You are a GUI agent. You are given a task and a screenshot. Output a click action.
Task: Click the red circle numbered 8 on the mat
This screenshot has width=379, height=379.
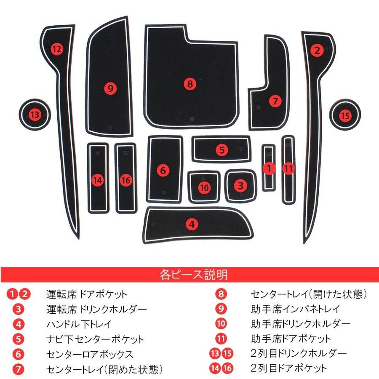(x=190, y=84)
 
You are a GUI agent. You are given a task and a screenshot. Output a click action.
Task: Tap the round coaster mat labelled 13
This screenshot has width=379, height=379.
(x=35, y=114)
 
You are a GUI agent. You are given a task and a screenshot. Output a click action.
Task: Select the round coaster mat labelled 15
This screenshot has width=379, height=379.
(x=345, y=115)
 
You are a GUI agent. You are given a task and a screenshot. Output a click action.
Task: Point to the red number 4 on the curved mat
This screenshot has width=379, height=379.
(x=192, y=224)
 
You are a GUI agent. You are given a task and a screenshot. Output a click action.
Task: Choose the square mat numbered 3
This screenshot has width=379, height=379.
(x=240, y=185)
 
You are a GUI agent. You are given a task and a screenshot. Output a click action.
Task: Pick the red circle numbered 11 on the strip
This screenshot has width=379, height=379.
(x=288, y=168)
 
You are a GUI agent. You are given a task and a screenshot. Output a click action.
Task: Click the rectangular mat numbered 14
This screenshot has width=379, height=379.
(x=98, y=180)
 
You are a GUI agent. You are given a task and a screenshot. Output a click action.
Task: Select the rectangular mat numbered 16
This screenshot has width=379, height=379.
(x=126, y=180)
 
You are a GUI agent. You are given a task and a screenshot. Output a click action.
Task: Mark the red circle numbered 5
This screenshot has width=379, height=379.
(x=222, y=149)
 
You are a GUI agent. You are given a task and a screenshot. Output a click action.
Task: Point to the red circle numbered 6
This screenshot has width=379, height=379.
(x=163, y=170)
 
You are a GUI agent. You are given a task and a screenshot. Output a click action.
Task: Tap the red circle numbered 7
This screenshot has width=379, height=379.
(x=275, y=101)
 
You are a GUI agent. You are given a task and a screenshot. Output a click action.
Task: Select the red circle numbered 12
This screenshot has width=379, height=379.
(x=57, y=49)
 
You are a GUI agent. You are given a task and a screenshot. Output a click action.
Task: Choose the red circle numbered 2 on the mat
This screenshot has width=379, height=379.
(x=317, y=51)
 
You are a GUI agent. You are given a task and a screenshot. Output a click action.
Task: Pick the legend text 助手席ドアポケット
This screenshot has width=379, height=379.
(x=290, y=339)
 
